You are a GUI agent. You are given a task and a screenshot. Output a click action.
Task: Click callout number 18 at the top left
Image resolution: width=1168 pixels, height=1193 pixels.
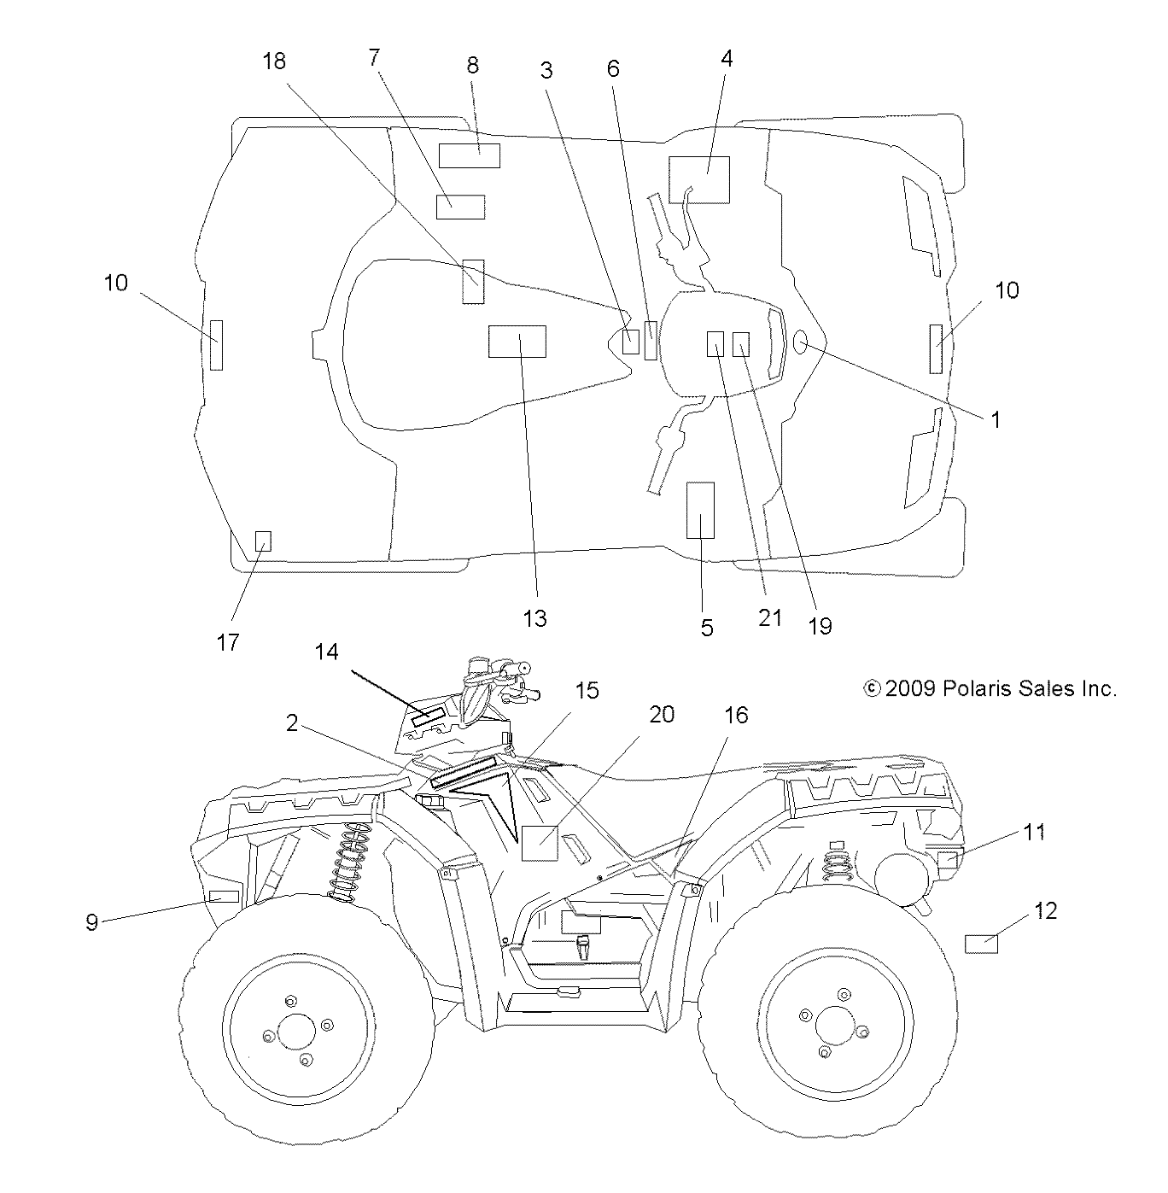pyautogui.click(x=274, y=61)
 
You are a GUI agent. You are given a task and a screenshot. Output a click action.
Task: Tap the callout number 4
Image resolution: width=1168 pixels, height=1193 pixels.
pyautogui.click(x=726, y=58)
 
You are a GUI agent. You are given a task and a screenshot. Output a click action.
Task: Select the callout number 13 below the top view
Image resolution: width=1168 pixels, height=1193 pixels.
pyautogui.click(x=534, y=617)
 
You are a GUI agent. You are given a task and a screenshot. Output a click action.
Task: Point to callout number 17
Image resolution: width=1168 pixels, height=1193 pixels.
pyautogui.click(x=228, y=641)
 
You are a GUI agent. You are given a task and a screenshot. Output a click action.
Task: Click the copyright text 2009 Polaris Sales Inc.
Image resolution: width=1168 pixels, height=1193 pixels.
pyautogui.click(x=990, y=688)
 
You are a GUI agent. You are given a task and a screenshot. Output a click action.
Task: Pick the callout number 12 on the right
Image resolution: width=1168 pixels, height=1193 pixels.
pyautogui.click(x=1045, y=910)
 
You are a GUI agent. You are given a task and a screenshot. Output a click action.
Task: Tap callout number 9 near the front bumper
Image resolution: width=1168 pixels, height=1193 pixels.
pyautogui.click(x=91, y=921)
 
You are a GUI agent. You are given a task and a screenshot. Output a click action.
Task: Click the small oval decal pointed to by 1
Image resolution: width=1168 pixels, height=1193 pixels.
pyautogui.click(x=803, y=342)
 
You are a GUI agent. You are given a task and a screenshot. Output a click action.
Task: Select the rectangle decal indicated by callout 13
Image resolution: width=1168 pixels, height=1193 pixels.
pyautogui.click(x=517, y=342)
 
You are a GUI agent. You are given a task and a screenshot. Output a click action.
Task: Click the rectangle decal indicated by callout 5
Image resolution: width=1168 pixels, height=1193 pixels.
pyautogui.click(x=700, y=511)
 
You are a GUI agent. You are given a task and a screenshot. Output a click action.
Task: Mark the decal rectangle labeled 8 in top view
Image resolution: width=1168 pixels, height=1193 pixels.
pyautogui.click(x=469, y=156)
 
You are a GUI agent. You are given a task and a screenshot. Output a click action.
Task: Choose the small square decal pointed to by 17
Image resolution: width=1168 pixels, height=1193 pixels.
pyautogui.click(x=264, y=541)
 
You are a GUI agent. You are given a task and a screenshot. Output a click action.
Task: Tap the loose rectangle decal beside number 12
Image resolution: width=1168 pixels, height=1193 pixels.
pyautogui.click(x=981, y=944)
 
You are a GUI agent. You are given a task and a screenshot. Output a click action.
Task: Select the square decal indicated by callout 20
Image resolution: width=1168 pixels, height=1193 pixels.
pyautogui.click(x=540, y=843)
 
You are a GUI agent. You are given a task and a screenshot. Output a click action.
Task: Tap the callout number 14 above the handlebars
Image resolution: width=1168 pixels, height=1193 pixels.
pyautogui.click(x=326, y=652)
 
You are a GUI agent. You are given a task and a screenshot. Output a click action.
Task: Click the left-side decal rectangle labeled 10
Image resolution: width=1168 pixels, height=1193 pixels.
pyautogui.click(x=217, y=345)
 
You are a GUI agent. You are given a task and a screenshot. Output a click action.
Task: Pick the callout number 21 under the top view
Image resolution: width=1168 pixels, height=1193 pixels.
pyautogui.click(x=769, y=617)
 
